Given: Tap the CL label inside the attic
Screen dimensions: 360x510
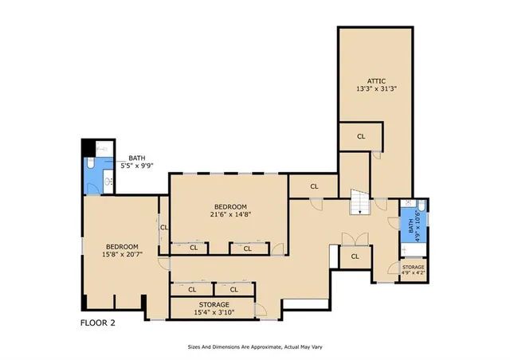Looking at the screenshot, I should [x=361, y=137].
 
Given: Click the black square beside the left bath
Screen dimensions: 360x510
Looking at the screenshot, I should [x=89, y=147].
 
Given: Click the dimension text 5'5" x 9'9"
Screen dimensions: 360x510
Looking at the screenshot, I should [x=136, y=166].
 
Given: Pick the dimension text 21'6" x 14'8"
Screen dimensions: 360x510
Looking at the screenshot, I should [x=230, y=213].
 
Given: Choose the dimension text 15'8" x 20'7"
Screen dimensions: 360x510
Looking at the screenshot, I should [x=122, y=254].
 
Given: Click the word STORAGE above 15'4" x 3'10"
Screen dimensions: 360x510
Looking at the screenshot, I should [x=214, y=304].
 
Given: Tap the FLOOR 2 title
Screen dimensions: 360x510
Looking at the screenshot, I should [x=103, y=323].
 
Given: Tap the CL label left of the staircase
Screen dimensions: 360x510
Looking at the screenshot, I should [x=314, y=186].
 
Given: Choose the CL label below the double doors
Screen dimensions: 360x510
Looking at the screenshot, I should [x=355, y=256].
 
